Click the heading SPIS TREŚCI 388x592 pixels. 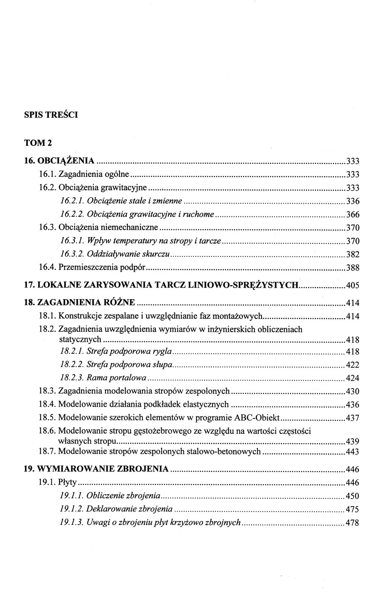[x=51, y=115]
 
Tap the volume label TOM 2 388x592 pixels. [x=38, y=142]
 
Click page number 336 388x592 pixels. [x=352, y=201]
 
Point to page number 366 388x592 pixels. [x=352, y=215]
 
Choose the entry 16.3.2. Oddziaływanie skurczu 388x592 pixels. [x=115, y=254]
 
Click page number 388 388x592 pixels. [x=352, y=268]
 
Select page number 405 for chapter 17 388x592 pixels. [x=352, y=286]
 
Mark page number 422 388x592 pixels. [x=352, y=365]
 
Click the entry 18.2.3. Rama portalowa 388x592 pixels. [x=103, y=378]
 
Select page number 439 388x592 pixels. [x=352, y=441]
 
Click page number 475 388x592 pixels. [x=352, y=509]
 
